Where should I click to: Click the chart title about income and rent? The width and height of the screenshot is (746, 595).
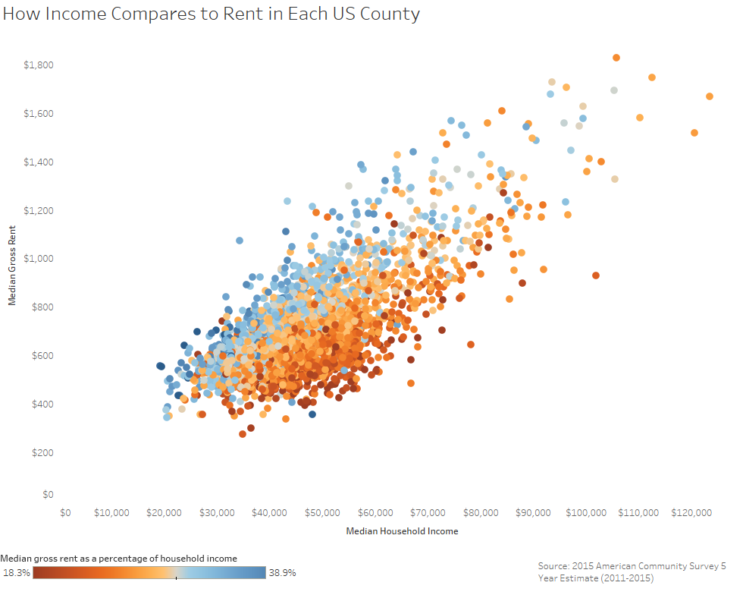click(x=211, y=14)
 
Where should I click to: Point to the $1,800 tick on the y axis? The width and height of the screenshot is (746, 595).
click(x=38, y=65)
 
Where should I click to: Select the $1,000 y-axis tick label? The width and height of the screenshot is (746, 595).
click(x=38, y=259)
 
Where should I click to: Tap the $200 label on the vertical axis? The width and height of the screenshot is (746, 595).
click(x=42, y=452)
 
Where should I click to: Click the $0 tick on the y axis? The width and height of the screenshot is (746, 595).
click(x=48, y=495)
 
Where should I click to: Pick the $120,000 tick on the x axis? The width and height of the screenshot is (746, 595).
click(x=691, y=513)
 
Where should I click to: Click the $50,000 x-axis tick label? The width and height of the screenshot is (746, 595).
click(x=324, y=513)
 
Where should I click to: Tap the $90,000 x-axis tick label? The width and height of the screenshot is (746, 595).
click(x=534, y=513)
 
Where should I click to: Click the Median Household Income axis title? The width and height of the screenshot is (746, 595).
click(x=402, y=531)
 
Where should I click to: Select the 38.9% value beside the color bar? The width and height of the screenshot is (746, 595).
click(x=282, y=573)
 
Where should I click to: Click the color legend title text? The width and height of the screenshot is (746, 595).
click(x=119, y=559)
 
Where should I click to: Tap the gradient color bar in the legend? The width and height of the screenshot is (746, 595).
click(x=149, y=573)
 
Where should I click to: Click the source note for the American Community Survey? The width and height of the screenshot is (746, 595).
click(x=632, y=572)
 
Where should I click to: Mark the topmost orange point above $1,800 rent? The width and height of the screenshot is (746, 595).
click(x=616, y=58)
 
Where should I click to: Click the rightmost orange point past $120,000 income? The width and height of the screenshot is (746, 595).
click(x=710, y=96)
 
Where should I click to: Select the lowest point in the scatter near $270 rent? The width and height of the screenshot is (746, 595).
click(x=243, y=434)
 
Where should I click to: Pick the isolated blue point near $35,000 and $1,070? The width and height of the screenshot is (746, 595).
click(x=240, y=241)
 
